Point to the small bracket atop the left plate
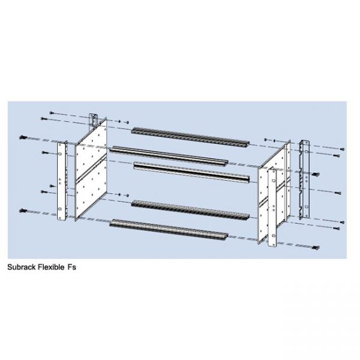(x=94, y=119)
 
